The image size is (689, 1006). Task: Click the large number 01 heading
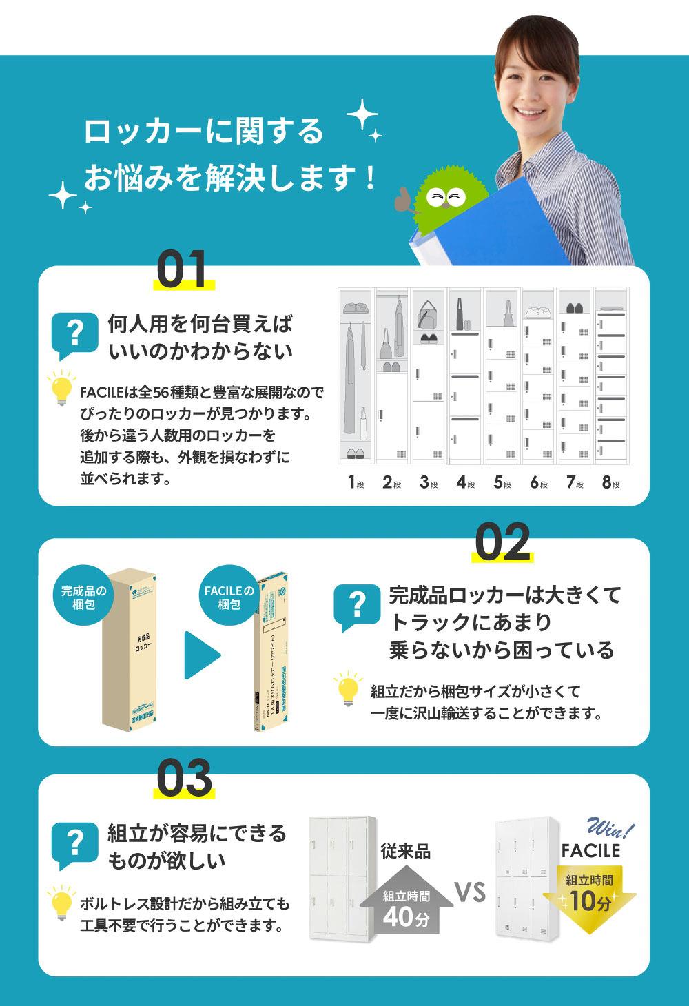(182, 270)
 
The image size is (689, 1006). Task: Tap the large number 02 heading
(502, 543)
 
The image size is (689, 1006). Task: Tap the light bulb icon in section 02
(347, 690)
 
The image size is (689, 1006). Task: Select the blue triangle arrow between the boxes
(201, 655)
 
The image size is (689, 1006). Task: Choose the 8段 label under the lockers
(610, 482)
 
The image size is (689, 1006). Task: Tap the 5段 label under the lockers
(502, 482)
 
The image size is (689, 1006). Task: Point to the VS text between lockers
(470, 893)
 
